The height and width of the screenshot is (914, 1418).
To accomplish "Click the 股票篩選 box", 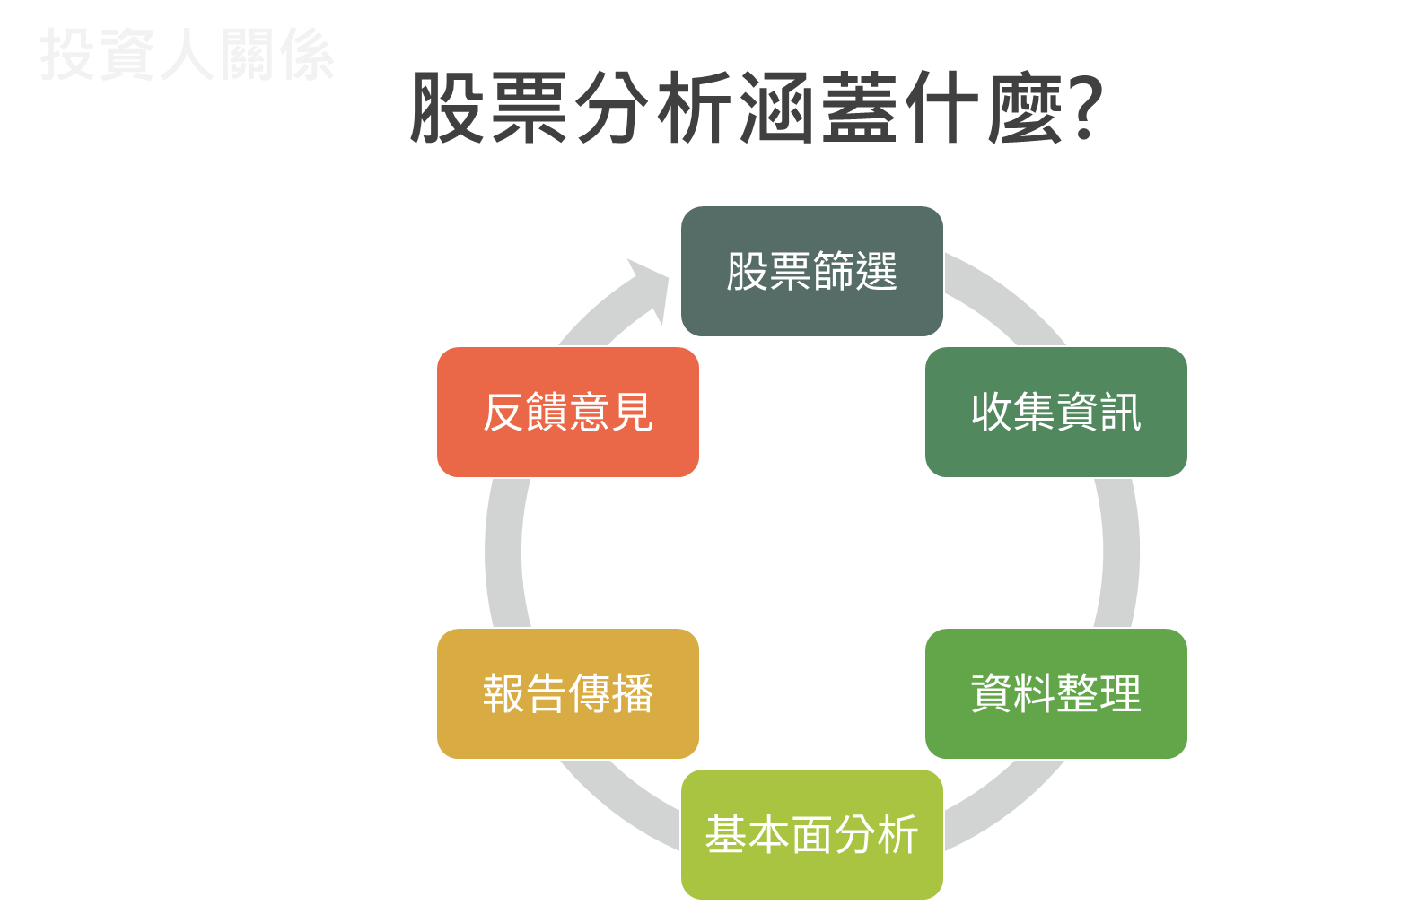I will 811,271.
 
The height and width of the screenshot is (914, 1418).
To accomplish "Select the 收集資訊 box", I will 1055,412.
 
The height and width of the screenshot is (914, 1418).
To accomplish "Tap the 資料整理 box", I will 1055,693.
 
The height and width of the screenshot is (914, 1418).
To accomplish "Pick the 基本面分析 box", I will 811,834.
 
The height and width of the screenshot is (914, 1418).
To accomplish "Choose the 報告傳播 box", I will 567,693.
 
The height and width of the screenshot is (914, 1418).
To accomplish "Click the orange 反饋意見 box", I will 567,412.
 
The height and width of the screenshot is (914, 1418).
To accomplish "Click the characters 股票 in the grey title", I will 489,108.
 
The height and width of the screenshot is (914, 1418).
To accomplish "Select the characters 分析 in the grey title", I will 653,108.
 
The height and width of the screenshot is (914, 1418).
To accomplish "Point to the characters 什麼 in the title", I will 983,108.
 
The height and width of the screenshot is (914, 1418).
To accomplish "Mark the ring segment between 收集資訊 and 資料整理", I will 1120,553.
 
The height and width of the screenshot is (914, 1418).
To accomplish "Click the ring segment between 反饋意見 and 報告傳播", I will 503,553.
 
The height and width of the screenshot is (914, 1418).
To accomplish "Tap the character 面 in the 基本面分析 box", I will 811,834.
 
